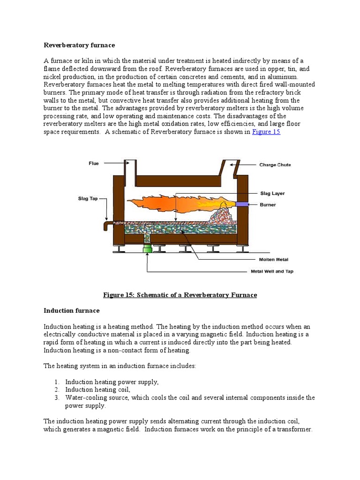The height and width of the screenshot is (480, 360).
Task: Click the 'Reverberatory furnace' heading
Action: (x=79, y=45)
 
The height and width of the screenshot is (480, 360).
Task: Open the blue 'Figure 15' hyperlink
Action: (x=266, y=132)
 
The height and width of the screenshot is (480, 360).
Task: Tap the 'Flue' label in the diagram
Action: (x=94, y=163)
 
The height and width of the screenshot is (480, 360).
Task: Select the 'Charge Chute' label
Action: (x=275, y=165)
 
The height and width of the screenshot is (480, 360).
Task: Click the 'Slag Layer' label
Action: (x=272, y=193)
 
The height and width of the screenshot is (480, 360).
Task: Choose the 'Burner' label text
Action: (x=268, y=204)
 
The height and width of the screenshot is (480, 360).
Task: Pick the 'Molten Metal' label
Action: (x=274, y=259)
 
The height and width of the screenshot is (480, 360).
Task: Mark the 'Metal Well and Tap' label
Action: (x=271, y=271)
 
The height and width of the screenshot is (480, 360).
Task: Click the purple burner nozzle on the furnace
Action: (x=243, y=204)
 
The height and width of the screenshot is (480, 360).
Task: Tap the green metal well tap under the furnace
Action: (x=147, y=248)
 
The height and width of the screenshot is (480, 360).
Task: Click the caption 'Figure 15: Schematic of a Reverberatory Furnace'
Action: (x=180, y=295)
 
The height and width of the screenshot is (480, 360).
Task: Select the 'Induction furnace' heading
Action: (x=71, y=310)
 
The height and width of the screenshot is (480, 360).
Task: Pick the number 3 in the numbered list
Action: (x=55, y=397)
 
